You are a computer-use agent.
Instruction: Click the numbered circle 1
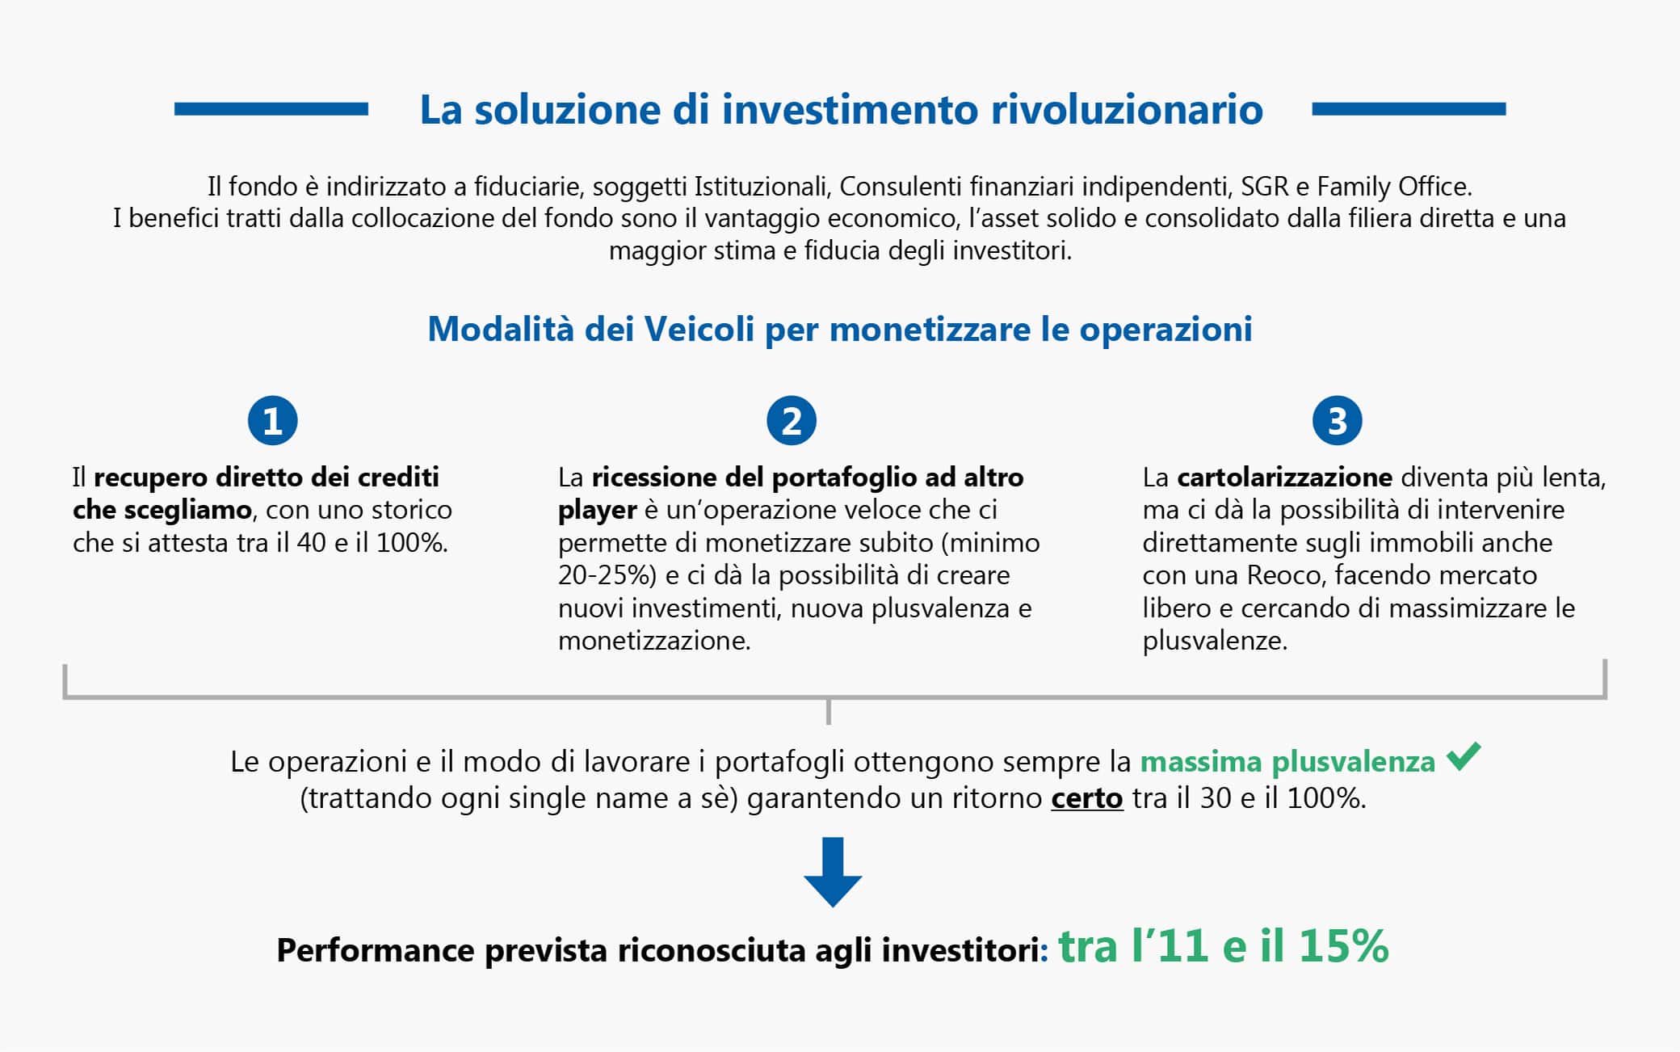(272, 420)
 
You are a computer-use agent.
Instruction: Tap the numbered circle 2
(792, 420)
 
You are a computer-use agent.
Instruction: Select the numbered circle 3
(1337, 420)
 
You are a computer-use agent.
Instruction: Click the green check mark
(1464, 755)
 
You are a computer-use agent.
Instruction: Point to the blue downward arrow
(833, 872)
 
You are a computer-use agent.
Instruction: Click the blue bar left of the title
(271, 109)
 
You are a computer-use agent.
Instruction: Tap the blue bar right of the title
(1409, 109)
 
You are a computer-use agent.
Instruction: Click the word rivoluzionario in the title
(1127, 110)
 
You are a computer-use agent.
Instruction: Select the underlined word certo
(1086, 798)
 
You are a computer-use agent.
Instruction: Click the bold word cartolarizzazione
(1284, 478)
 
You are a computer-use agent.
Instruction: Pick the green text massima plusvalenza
(1287, 762)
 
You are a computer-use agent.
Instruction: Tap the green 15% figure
(1343, 945)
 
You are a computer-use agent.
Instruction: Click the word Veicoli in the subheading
(699, 330)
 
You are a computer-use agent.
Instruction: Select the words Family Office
(1393, 187)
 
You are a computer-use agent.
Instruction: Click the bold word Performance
(376, 950)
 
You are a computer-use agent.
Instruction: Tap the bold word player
(597, 511)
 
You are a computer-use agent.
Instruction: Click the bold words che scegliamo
(162, 511)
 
